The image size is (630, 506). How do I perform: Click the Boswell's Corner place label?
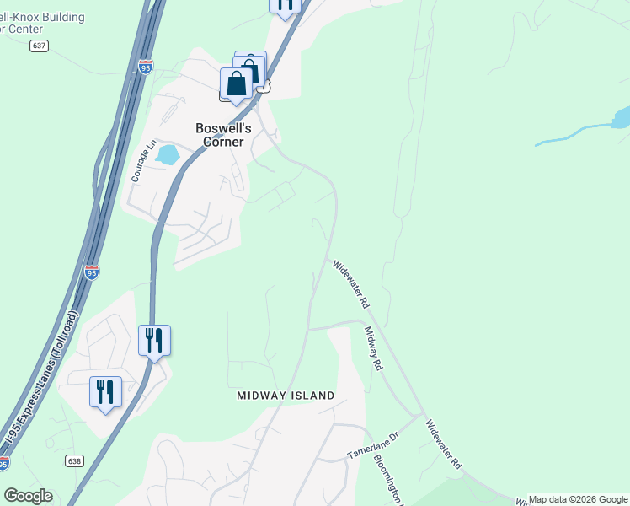point(220,135)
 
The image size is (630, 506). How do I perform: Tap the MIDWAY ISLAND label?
point(286,396)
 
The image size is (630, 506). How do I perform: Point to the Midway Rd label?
point(373,349)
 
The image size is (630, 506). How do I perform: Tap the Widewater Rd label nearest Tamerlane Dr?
point(444,444)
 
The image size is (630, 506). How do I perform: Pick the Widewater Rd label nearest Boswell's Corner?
point(350,283)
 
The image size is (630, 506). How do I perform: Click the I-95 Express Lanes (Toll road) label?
point(41,379)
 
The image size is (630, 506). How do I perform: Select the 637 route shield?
point(39,46)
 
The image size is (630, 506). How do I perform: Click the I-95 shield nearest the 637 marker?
point(146,67)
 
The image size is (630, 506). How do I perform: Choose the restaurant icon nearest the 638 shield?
point(106,392)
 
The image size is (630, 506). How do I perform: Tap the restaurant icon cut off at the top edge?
point(285,4)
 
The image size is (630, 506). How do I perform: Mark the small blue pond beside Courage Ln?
point(167,154)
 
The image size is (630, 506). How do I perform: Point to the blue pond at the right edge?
point(621,117)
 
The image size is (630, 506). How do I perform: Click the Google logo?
point(28,496)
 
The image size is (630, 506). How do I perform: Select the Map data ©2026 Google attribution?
point(579,499)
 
